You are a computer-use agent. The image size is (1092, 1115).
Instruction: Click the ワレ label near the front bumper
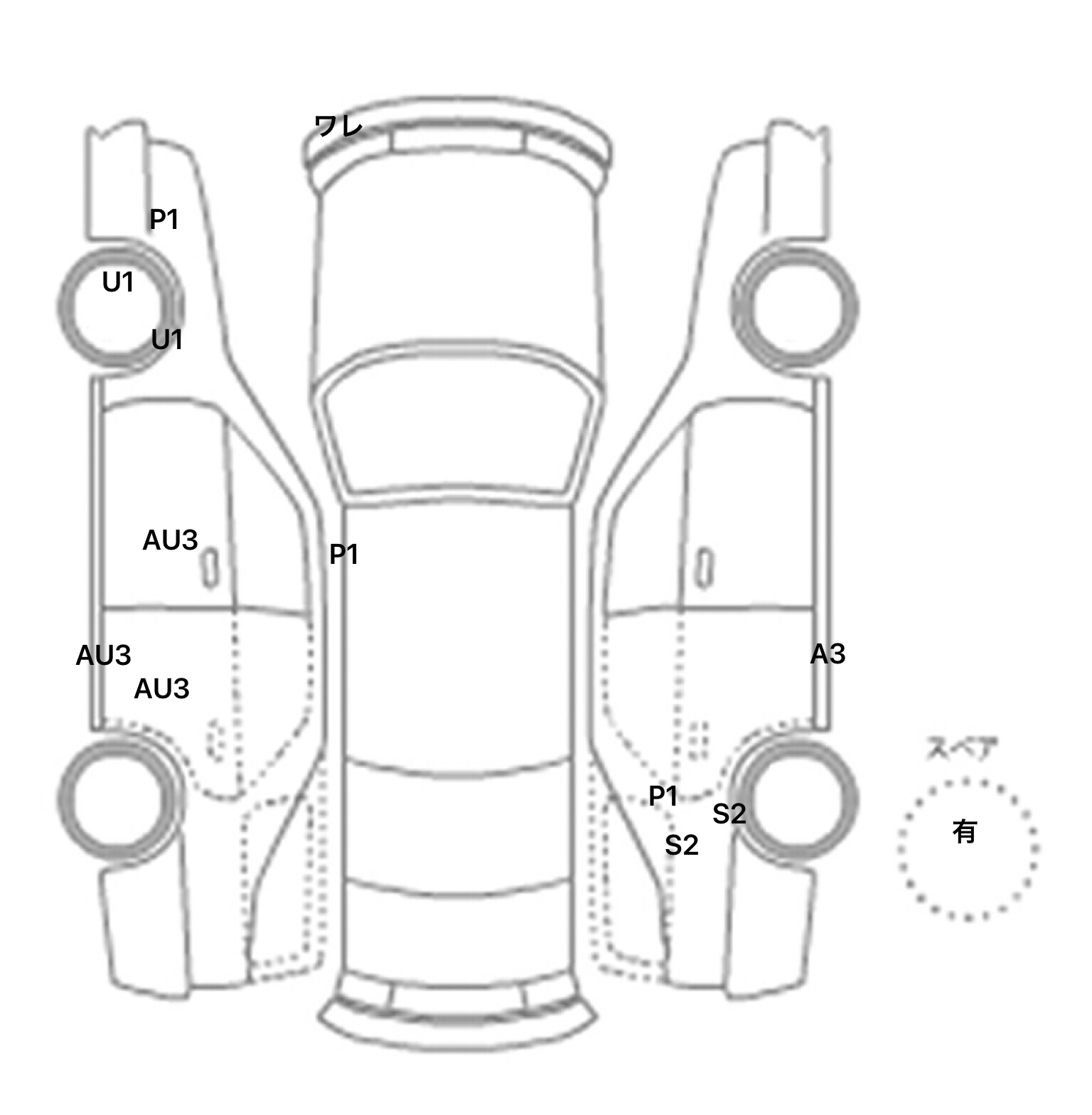[338, 126]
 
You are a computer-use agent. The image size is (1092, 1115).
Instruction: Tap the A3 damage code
[828, 653]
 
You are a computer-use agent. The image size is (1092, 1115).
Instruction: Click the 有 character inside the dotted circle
[965, 831]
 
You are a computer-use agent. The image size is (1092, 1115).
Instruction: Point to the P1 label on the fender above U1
[164, 219]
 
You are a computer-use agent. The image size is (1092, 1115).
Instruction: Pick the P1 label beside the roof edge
[343, 554]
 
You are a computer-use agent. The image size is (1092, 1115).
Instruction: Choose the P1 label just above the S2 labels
[663, 796]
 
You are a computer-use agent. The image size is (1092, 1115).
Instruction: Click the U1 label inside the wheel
[118, 282]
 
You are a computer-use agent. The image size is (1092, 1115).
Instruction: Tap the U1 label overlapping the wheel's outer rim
[167, 340]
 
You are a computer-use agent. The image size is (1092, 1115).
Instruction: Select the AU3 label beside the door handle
[170, 540]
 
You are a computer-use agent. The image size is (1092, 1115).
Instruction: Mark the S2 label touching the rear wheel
[729, 813]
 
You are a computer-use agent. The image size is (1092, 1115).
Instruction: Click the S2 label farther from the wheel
[681, 845]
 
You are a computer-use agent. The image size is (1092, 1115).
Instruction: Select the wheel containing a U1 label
[119, 308]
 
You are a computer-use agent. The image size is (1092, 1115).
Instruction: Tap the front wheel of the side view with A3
[796, 308]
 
